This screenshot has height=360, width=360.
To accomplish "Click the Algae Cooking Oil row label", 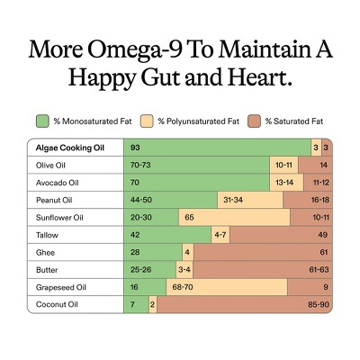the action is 70,148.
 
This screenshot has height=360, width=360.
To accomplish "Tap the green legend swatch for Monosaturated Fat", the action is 42,121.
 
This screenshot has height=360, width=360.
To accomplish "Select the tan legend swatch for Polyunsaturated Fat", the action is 147,121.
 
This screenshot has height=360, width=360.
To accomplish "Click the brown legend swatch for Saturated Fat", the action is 254,121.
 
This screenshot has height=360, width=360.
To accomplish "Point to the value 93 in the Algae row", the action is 135,148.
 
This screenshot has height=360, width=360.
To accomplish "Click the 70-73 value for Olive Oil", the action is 140,165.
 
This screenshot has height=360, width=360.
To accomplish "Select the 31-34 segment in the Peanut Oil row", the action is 250,200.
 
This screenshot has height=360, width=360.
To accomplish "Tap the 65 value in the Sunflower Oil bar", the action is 189,217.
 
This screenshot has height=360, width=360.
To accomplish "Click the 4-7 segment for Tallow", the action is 220,235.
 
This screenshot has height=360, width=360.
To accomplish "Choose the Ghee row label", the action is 45,252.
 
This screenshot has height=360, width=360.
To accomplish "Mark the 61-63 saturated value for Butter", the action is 319,269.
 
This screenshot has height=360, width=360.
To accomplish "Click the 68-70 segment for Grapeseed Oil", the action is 227,287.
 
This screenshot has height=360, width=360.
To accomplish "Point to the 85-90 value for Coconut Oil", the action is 319,304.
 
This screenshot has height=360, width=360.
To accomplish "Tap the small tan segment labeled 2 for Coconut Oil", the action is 153,304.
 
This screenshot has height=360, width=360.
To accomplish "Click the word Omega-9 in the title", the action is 135,50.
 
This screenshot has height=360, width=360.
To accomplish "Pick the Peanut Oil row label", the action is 54,200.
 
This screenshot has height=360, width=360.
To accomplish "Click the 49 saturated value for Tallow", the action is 323,235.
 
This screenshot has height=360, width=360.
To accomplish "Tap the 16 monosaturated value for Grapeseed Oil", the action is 134,287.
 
